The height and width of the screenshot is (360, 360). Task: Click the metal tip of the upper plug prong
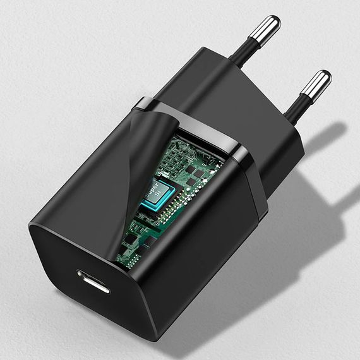pos(265,28)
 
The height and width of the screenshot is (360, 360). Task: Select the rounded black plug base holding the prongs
pos(253,114)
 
